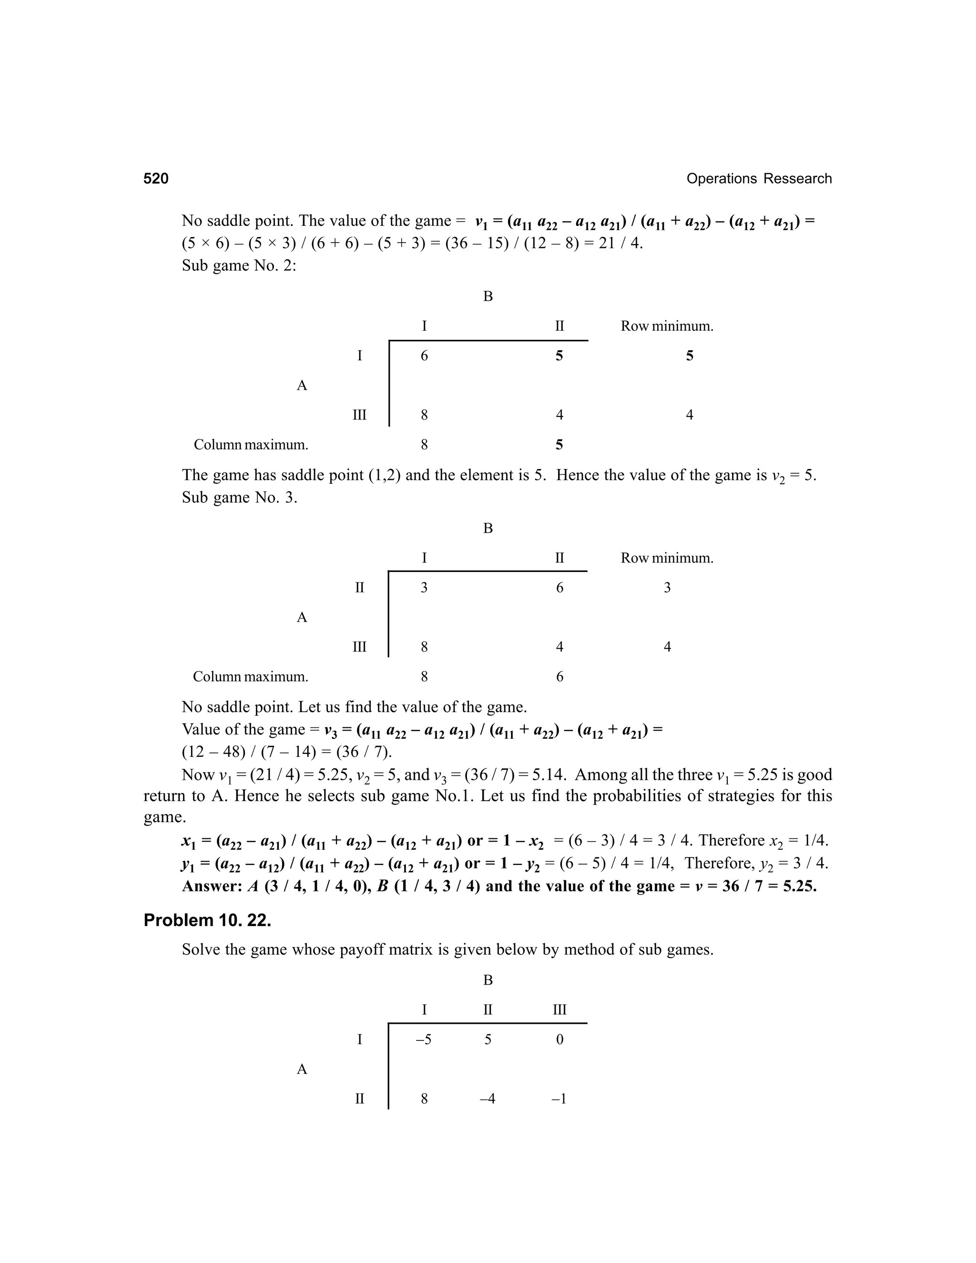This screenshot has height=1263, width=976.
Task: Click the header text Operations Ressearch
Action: (x=759, y=179)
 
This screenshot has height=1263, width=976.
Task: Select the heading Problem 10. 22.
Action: (x=207, y=920)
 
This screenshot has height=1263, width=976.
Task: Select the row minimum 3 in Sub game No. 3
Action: (x=667, y=588)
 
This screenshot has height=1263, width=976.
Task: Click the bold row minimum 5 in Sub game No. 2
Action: (x=689, y=356)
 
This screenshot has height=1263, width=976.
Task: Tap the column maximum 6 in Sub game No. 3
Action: (x=559, y=677)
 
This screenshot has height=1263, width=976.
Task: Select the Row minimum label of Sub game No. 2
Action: (x=667, y=326)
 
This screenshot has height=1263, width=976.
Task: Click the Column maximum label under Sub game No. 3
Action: (x=250, y=677)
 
